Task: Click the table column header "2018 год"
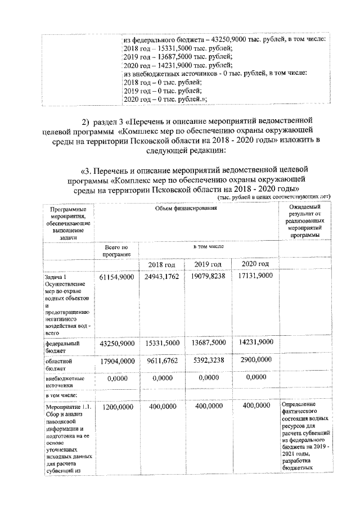(162, 265)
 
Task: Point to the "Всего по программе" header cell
(116, 250)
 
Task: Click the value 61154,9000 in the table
(117, 277)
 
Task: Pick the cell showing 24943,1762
(162, 277)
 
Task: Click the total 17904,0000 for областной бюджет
(117, 362)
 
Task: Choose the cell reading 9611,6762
(162, 362)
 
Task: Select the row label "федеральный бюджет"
(62, 346)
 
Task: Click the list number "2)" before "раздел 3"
(86, 122)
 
